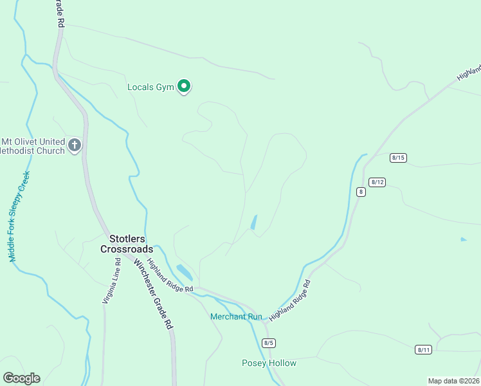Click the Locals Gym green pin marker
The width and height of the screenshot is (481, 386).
pyautogui.click(x=184, y=86)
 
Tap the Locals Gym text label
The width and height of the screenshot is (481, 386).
pyautogui.click(x=150, y=87)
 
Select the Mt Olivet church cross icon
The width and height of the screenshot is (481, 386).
pyautogui.click(x=75, y=145)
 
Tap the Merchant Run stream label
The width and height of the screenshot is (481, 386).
pyautogui.click(x=237, y=317)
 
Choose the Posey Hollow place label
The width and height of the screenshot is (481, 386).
pyautogui.click(x=269, y=363)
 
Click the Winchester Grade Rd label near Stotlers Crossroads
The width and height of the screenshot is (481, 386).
pyautogui.click(x=154, y=294)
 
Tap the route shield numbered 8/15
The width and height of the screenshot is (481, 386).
pyautogui.click(x=398, y=158)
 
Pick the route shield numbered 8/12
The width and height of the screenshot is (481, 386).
pyautogui.click(x=377, y=182)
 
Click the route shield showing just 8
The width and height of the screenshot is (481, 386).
pyautogui.click(x=361, y=192)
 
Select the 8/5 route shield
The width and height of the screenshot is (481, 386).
pyautogui.click(x=269, y=342)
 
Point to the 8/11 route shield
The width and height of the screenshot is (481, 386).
pyautogui.click(x=423, y=349)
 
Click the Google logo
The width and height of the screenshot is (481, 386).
pyautogui.click(x=21, y=378)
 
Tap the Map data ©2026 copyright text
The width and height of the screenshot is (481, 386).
pyautogui.click(x=453, y=381)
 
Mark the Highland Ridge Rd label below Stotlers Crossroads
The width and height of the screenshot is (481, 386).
pyautogui.click(x=170, y=276)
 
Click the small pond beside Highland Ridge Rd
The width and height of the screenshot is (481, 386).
pyautogui.click(x=184, y=272)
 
